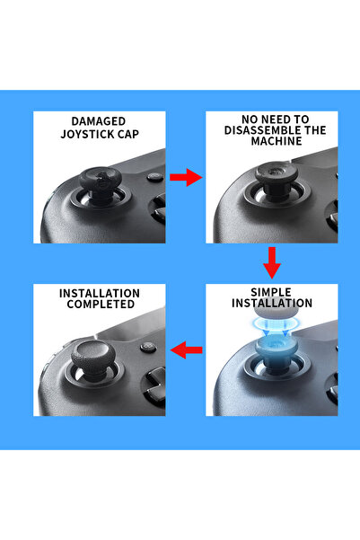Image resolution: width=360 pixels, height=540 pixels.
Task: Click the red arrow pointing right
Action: tap(185, 178)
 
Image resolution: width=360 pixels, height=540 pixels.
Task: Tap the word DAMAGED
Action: tap(100, 121)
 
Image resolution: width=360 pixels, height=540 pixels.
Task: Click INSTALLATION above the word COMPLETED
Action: tap(99, 293)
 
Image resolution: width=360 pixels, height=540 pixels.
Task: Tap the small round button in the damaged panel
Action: tap(154, 177)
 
